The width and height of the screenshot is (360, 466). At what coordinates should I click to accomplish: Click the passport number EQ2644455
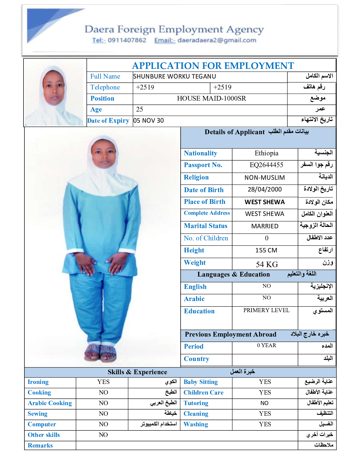click(266, 165)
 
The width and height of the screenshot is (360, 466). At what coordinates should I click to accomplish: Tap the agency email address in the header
click(217, 40)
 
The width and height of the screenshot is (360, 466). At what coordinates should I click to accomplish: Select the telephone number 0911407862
click(127, 40)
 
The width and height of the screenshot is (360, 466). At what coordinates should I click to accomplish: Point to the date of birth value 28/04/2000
click(265, 189)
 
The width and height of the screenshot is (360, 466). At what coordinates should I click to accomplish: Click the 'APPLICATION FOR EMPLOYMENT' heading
click(213, 66)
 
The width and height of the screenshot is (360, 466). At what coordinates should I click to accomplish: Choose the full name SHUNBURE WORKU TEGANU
click(174, 76)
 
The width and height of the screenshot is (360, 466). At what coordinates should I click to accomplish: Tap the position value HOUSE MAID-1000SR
click(211, 99)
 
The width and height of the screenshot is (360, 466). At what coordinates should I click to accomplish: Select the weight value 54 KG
click(267, 264)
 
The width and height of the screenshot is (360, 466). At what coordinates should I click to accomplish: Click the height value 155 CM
click(266, 250)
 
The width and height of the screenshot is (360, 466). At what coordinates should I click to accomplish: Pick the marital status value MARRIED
click(265, 226)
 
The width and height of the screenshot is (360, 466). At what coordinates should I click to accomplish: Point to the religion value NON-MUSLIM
click(265, 178)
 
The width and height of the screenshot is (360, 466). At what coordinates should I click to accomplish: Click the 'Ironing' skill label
click(38, 382)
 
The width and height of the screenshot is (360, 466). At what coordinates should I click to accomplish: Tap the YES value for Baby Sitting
click(265, 382)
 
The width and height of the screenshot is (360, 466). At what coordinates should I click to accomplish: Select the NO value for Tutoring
click(264, 403)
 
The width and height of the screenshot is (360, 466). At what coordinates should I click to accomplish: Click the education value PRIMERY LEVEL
click(266, 310)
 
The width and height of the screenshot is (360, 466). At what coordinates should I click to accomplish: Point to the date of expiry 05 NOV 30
click(149, 121)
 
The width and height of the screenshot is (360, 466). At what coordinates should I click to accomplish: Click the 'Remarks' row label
click(40, 445)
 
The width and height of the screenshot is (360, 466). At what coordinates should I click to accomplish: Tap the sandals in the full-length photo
click(101, 352)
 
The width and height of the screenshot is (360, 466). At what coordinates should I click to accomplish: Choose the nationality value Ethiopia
click(266, 153)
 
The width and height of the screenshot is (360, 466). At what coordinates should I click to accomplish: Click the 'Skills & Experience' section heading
click(137, 372)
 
